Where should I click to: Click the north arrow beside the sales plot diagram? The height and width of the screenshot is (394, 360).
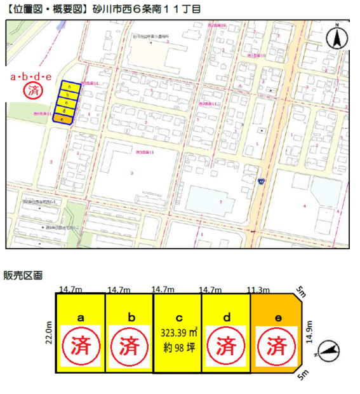[330, 349]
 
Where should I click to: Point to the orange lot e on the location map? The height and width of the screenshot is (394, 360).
[62, 119]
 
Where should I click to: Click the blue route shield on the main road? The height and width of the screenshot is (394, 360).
[261, 182]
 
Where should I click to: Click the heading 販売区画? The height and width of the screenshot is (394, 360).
[23, 275]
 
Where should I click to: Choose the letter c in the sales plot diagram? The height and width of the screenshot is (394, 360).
[177, 316]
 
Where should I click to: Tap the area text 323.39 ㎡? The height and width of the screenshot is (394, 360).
[177, 332]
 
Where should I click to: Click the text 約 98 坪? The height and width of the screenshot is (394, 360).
[177, 346]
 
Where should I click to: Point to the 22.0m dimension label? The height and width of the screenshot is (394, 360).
[48, 332]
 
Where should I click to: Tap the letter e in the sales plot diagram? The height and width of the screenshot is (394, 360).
[274, 316]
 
